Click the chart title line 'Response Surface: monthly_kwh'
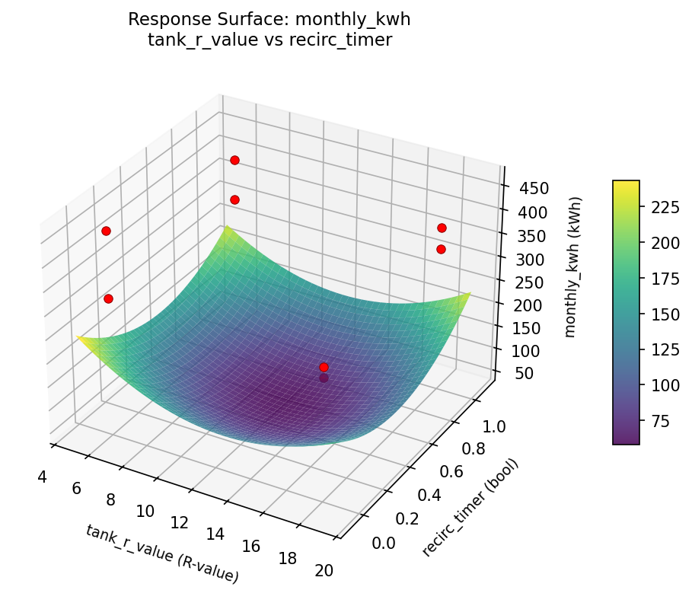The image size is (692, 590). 269,19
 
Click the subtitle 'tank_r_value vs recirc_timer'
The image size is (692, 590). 269,40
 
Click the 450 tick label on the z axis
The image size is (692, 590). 532,189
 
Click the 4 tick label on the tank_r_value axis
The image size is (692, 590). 41,477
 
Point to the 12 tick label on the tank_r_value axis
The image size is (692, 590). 180,522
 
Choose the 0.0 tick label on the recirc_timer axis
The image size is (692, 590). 384,542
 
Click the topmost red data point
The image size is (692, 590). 234,160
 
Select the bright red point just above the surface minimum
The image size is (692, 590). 324,367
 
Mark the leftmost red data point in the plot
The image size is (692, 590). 106,231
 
